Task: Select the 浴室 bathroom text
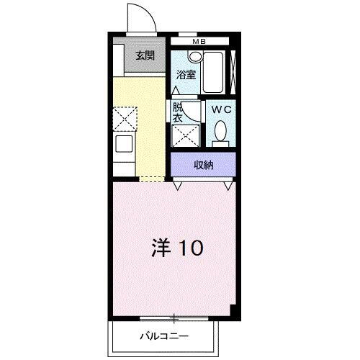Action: click(x=186, y=74)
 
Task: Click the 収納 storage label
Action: click(x=204, y=165)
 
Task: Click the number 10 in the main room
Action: click(x=190, y=249)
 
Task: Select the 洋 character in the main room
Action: click(x=161, y=249)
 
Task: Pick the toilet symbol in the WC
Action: click(x=220, y=132)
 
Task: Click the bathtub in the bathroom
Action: click(x=213, y=72)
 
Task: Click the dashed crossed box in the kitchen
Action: click(x=125, y=117)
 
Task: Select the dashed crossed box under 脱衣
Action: click(x=185, y=135)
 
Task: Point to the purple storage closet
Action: click(x=203, y=165)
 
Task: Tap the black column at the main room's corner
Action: click(x=233, y=310)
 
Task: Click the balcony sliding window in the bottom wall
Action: click(x=174, y=318)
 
